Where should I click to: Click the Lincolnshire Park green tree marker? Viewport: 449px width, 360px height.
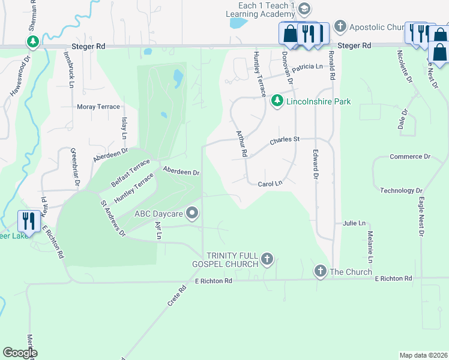click(x=277, y=101)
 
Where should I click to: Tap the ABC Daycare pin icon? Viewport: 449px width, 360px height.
click(x=193, y=213)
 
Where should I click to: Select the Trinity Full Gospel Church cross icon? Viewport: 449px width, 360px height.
click(x=267, y=260)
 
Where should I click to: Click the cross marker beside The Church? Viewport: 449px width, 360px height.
click(x=321, y=272)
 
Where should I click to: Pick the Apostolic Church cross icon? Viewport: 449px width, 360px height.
click(x=340, y=26)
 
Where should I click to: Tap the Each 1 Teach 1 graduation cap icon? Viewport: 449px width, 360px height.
click(x=304, y=8)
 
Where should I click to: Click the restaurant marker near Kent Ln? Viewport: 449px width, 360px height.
click(x=28, y=221)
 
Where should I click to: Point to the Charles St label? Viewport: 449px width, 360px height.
click(x=284, y=140)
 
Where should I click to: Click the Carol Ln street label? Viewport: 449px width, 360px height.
click(x=270, y=184)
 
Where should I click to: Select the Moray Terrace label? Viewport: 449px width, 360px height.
click(x=98, y=106)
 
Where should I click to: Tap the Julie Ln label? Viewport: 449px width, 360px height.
click(x=354, y=223)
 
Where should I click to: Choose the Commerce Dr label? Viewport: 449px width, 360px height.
click(x=410, y=157)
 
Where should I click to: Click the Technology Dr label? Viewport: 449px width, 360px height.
click(x=401, y=190)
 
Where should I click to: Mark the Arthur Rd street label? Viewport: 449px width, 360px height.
click(x=241, y=144)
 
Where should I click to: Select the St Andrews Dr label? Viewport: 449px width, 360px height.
click(x=112, y=218)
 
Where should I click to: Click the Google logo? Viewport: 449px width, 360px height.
click(x=20, y=353)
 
